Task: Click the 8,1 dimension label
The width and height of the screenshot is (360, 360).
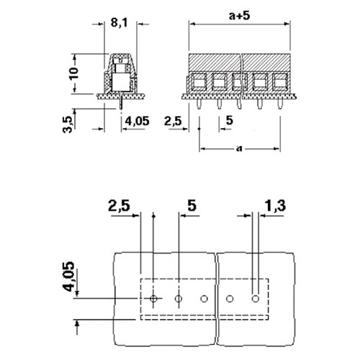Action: pos(120,23)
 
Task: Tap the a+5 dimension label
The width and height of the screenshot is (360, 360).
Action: pos(240,16)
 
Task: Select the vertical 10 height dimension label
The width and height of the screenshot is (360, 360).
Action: pos(74,73)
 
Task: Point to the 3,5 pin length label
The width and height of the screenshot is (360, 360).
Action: pos(68,125)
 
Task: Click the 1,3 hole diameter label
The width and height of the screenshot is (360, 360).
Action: pos(275,206)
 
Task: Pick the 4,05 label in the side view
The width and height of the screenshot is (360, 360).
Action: pos(137,121)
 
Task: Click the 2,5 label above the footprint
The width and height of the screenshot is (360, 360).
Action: pos(119,206)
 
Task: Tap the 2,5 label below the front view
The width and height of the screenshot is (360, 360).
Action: pos(173,121)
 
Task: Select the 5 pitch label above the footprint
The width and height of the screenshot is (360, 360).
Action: pos(192,205)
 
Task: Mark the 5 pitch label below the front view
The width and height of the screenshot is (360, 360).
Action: pos(230,120)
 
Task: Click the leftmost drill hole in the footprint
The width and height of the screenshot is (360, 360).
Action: pos(153,299)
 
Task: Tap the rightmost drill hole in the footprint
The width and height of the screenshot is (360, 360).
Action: pos(256,299)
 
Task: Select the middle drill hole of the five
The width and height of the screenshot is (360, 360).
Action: pos(204,299)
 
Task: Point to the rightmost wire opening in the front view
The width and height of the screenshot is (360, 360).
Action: pos(280,82)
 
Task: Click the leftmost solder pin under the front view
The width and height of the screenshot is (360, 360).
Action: pos(199,104)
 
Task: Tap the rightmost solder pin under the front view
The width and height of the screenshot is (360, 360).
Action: pos(280,104)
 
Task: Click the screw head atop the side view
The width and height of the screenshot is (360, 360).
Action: pos(121,59)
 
